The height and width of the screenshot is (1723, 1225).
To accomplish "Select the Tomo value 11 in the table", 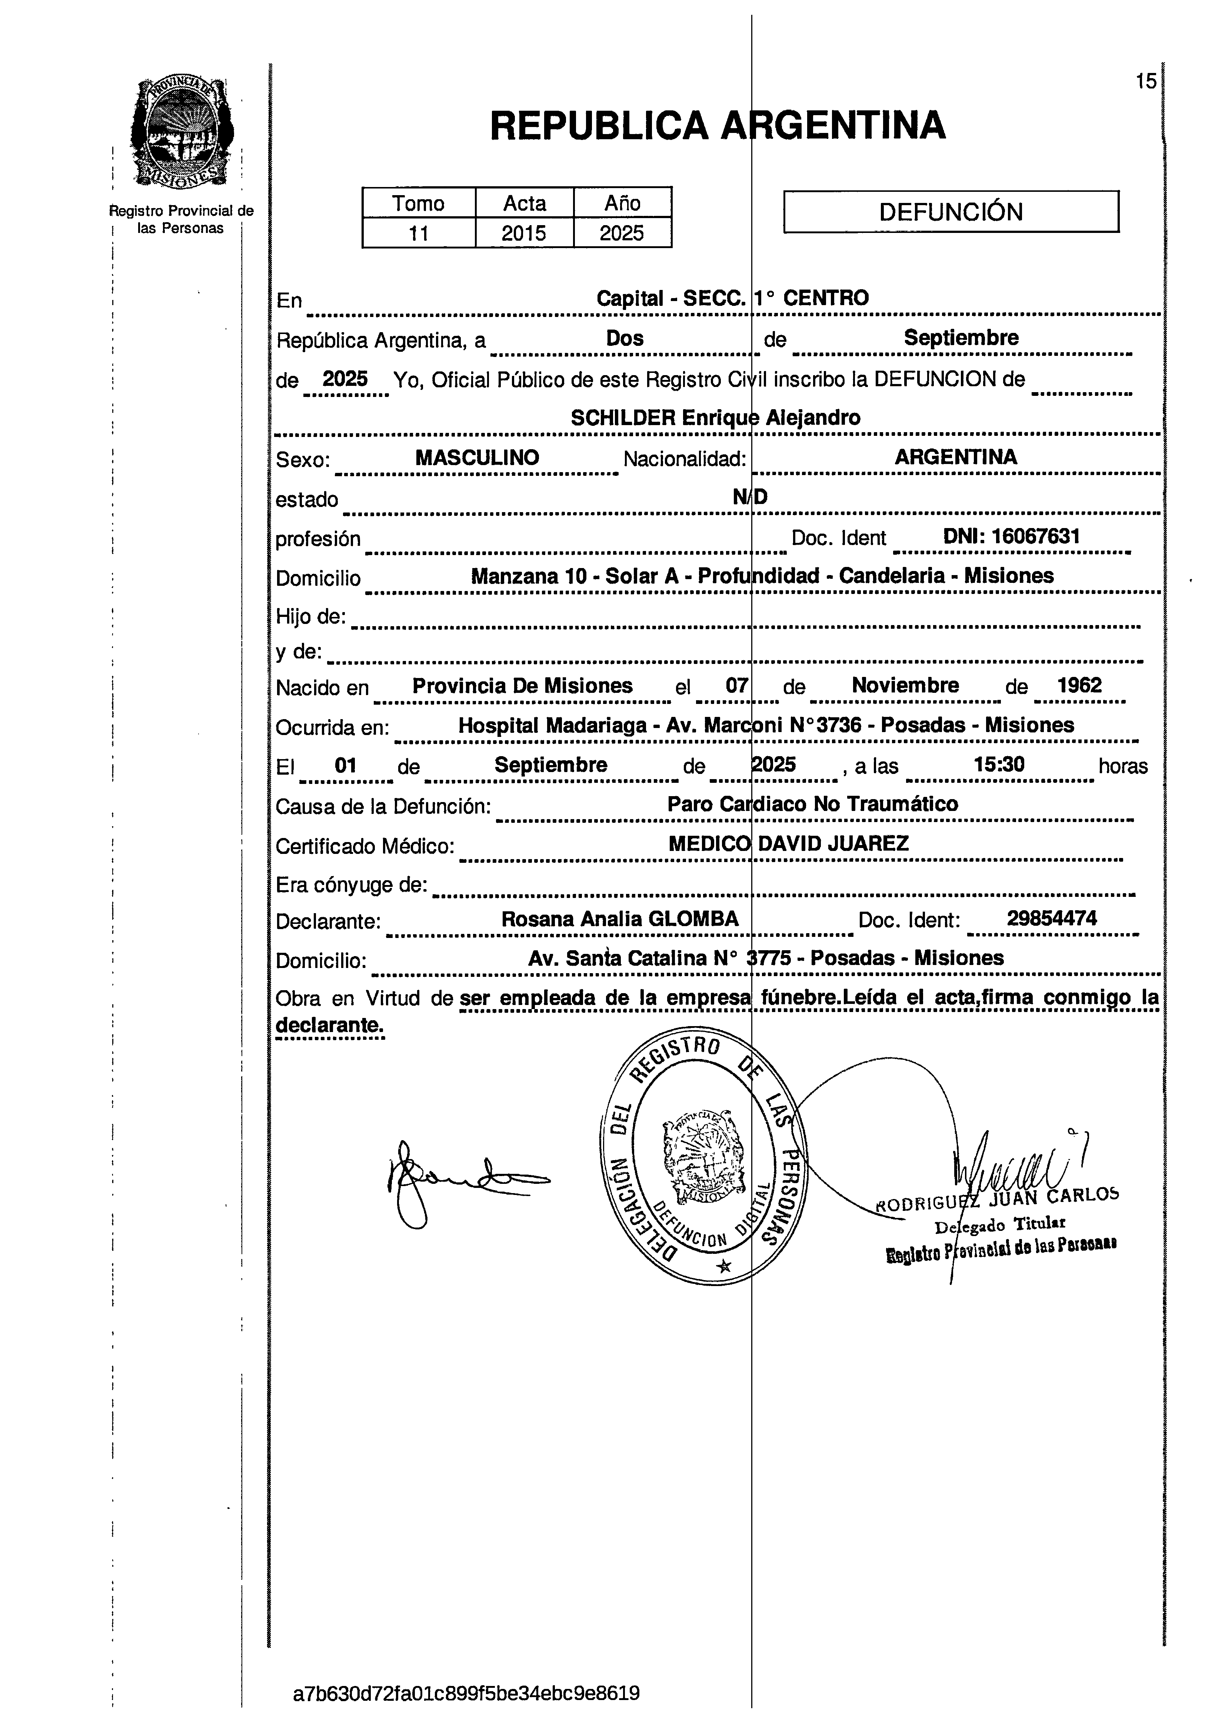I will pos(419,233).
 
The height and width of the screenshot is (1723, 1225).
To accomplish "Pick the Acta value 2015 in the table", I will pos(524,233).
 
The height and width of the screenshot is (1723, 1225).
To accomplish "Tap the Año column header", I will pos(622,203).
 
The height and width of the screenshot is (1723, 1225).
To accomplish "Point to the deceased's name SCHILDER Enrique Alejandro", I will pos(715,418).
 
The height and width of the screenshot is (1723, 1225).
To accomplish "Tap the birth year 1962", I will pos(1079,685).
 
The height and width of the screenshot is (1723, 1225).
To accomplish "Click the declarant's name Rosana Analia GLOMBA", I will pos(620,919).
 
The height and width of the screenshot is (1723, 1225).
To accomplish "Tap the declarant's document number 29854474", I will pos(1052,918).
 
